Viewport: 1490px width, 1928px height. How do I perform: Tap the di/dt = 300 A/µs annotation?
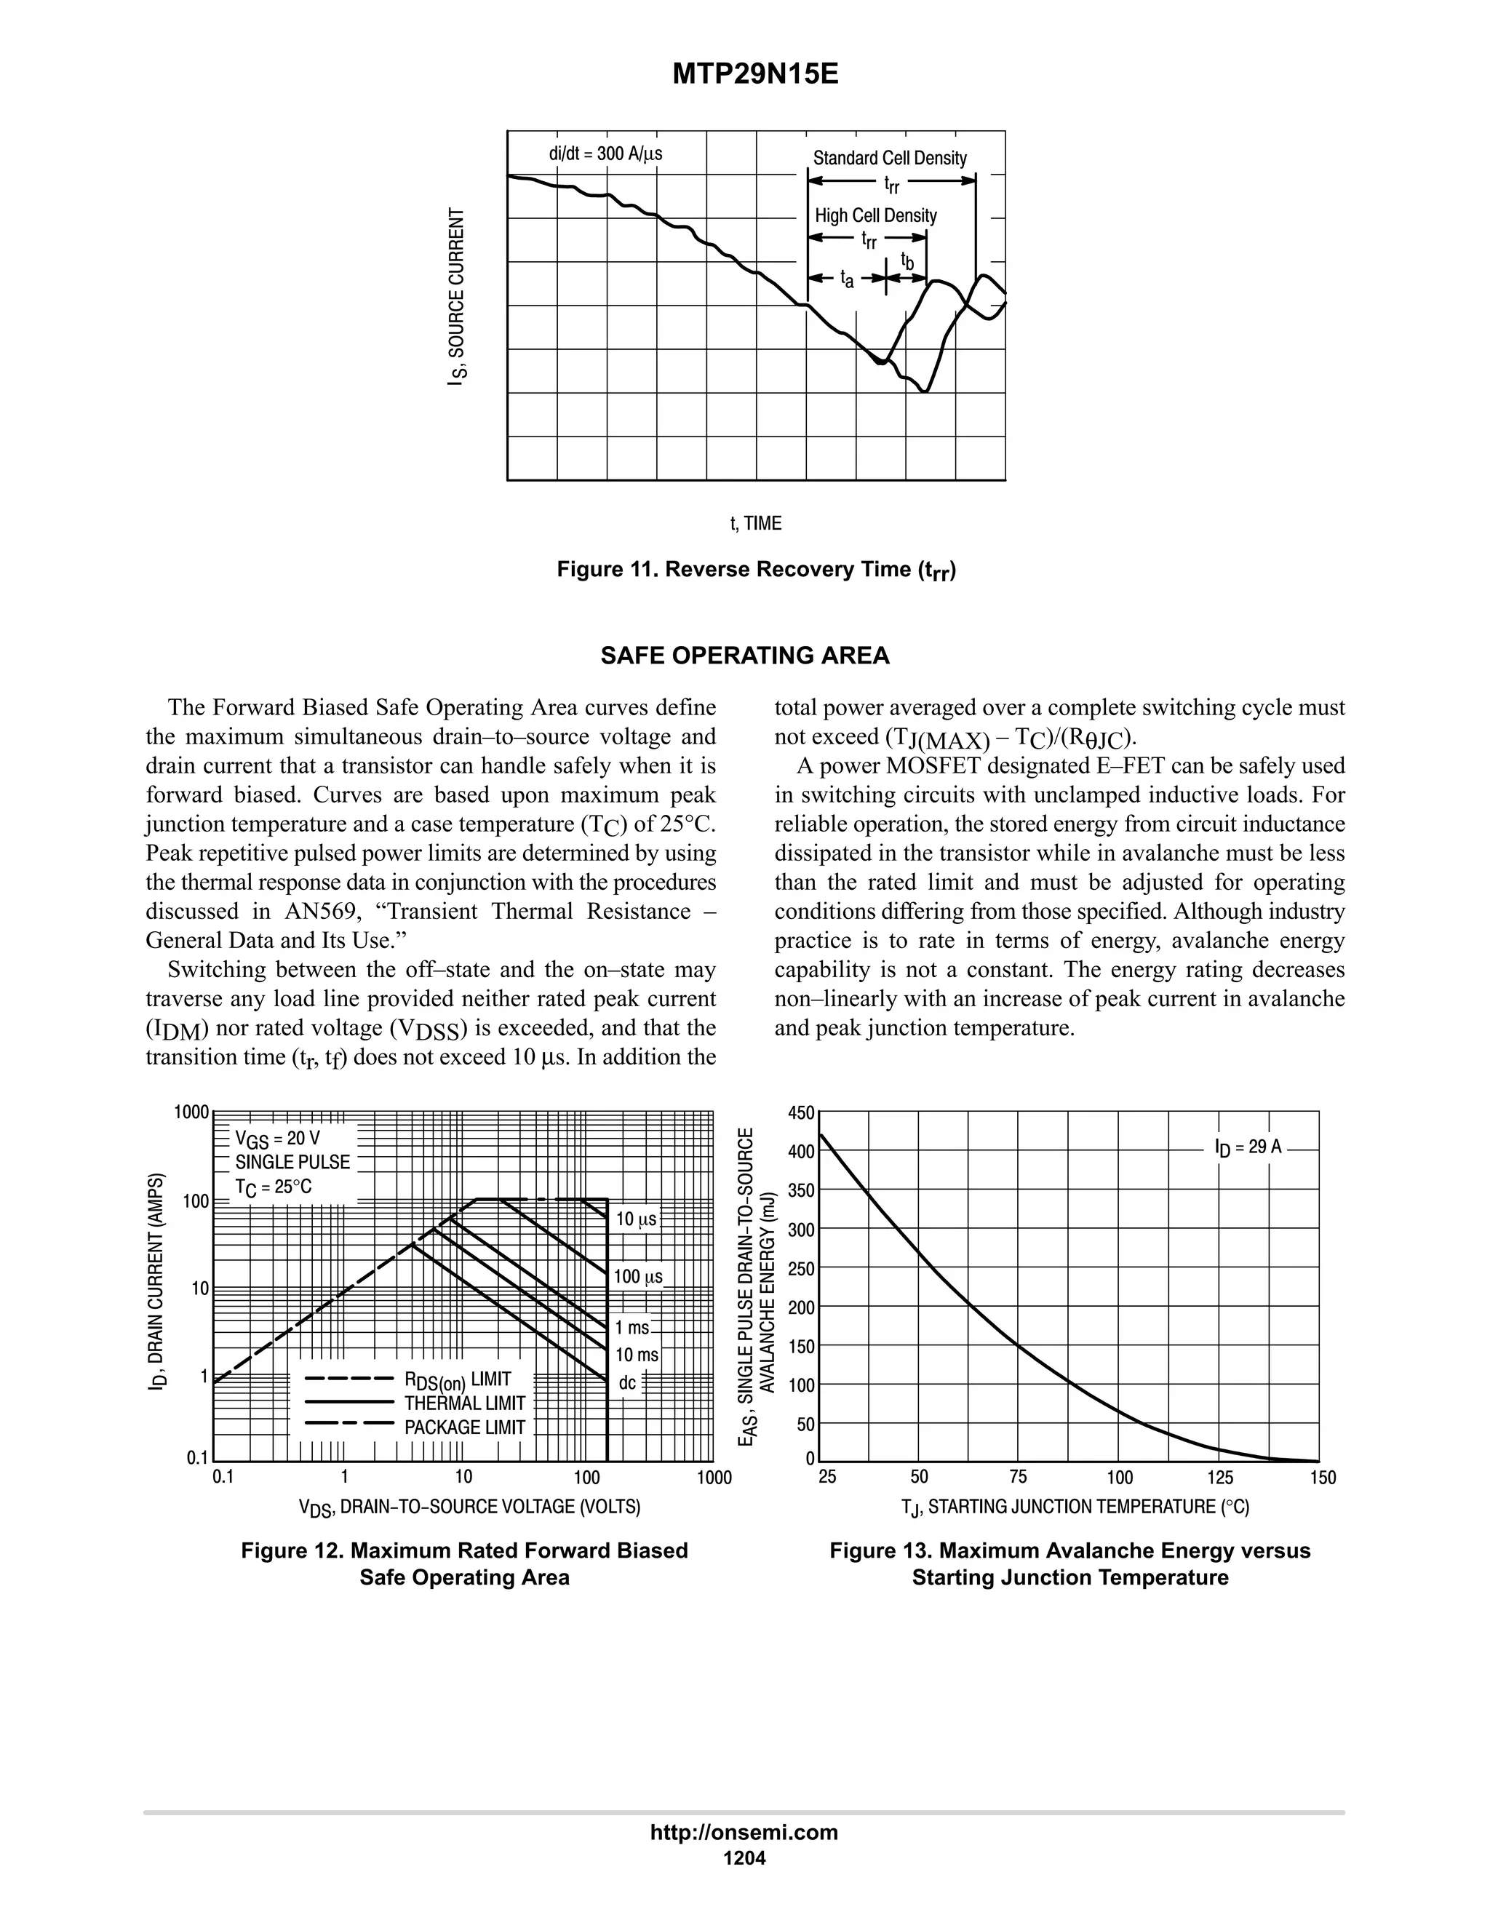pos(605,154)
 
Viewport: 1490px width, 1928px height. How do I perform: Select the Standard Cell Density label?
pos(889,158)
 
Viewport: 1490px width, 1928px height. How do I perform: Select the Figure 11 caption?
pos(757,570)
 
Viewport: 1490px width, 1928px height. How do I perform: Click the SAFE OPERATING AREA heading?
pos(745,656)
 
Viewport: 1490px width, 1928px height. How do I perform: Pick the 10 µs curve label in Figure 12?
pos(636,1219)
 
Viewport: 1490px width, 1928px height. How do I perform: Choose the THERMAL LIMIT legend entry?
pos(464,1403)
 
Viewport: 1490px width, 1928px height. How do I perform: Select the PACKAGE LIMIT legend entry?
pos(464,1427)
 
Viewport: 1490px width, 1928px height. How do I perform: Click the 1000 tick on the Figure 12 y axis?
pos(191,1112)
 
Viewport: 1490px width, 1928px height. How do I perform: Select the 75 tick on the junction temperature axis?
pos(1018,1477)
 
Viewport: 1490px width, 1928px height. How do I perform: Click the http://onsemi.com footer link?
pos(744,1832)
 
